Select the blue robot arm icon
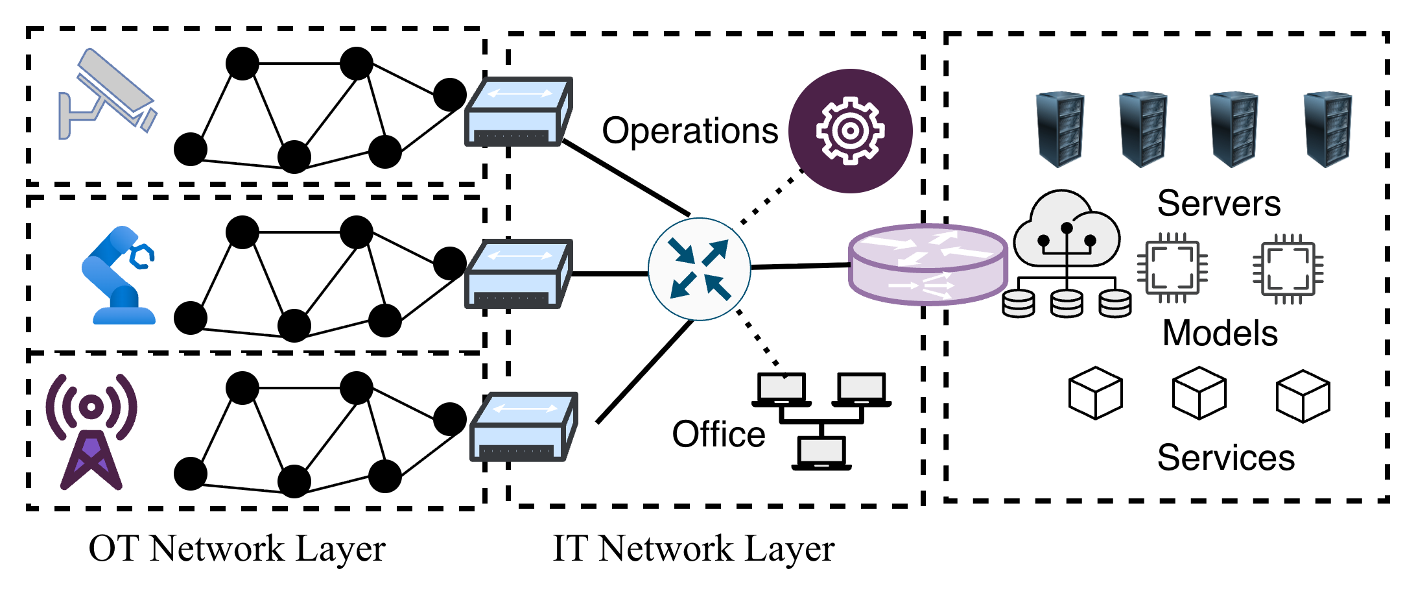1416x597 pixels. (x=118, y=276)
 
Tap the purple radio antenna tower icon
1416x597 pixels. (x=91, y=432)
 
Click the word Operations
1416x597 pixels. (x=690, y=130)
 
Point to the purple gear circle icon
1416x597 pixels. (x=850, y=131)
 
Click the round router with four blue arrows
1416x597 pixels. (x=700, y=269)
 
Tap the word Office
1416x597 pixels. (x=718, y=434)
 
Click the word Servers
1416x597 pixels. (x=1218, y=203)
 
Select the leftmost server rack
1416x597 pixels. (x=1059, y=129)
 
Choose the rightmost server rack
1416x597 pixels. (x=1327, y=129)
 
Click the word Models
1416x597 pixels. (x=1220, y=333)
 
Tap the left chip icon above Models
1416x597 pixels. (x=1173, y=267)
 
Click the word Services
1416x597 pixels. (x=1225, y=457)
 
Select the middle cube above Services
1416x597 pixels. (x=1199, y=393)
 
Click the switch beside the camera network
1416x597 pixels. (x=518, y=112)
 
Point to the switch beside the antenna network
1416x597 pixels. (x=523, y=426)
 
